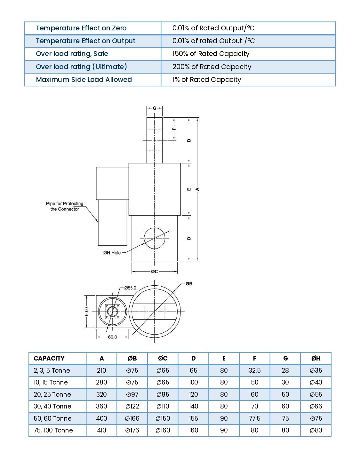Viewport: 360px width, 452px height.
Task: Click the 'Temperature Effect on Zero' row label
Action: click(x=81, y=28)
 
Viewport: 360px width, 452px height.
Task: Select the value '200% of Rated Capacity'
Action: click(x=212, y=67)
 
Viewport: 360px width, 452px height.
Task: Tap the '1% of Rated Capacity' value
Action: click(x=206, y=80)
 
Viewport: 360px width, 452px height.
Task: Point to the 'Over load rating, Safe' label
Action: click(x=72, y=54)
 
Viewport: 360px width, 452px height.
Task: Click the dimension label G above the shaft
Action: click(x=155, y=108)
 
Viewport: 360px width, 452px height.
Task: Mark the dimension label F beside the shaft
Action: click(x=174, y=129)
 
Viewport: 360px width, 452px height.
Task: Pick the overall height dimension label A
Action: click(x=197, y=189)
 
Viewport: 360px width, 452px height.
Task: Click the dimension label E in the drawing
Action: click(x=189, y=189)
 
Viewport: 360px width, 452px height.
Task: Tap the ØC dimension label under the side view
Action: click(x=155, y=272)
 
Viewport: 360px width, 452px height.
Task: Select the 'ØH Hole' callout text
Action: click(x=112, y=253)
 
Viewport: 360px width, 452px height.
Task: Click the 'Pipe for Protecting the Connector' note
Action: click(x=65, y=206)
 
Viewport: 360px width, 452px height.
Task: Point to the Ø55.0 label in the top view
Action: click(x=130, y=288)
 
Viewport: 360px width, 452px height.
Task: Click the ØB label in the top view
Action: click(x=189, y=284)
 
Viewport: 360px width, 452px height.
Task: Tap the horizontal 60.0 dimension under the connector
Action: click(x=112, y=337)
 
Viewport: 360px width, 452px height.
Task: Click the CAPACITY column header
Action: click(x=49, y=358)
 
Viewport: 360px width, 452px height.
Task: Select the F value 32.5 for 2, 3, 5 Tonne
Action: click(x=254, y=370)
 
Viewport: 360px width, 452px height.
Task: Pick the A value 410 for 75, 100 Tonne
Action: click(x=101, y=430)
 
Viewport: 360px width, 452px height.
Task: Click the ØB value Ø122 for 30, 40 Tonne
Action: click(x=132, y=406)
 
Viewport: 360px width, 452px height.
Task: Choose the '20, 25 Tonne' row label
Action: click(x=52, y=394)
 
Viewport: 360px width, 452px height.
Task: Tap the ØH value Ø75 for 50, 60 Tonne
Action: click(x=316, y=418)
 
